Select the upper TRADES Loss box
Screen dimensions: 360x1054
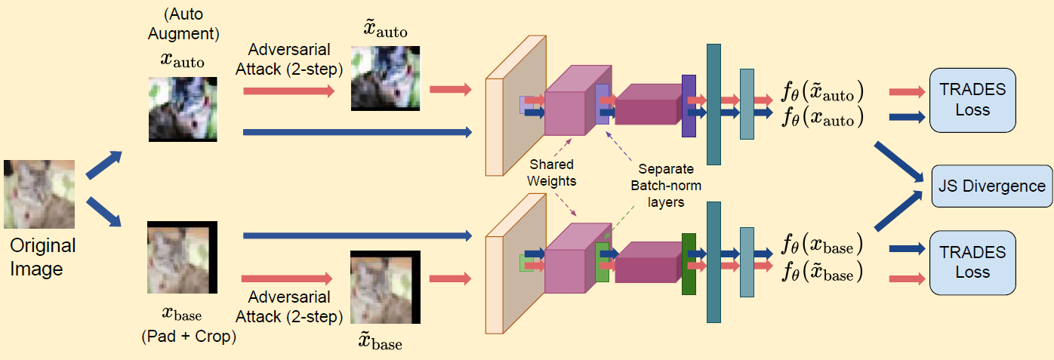972,99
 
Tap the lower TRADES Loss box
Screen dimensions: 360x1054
972,262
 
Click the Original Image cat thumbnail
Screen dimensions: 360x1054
39,194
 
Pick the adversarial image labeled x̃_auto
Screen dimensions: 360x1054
385,78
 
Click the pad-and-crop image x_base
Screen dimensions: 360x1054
183,257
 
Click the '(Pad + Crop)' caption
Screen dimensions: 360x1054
189,337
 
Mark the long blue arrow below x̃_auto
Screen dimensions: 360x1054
357,133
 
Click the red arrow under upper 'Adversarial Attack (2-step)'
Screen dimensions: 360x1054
288,91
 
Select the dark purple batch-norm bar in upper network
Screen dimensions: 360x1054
688,106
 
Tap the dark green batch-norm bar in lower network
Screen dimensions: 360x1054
688,264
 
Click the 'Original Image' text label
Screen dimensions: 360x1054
43,257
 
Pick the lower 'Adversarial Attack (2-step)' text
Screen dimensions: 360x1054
289,306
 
